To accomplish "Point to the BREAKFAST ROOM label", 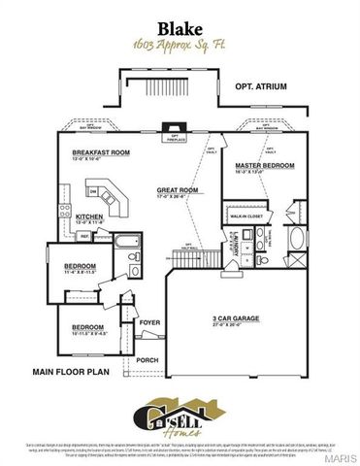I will tap(100, 153).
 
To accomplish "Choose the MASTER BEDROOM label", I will tap(263, 165).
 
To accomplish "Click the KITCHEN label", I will tap(89, 217).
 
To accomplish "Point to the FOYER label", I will tap(149, 320).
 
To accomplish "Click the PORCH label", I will tap(147, 359).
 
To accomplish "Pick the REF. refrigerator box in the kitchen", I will tap(84, 235).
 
